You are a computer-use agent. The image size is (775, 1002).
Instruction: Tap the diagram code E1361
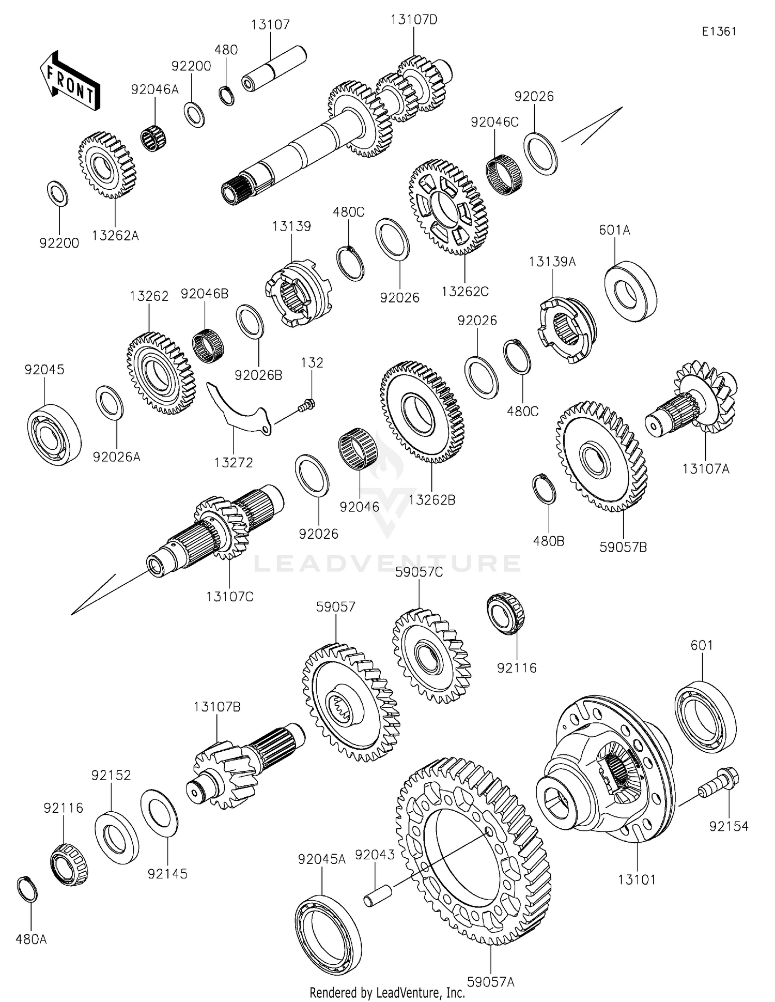(x=719, y=32)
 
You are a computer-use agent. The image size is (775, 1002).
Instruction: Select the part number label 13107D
(x=414, y=20)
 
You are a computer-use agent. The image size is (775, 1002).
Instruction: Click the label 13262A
(x=115, y=236)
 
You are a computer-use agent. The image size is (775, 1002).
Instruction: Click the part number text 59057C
(x=419, y=572)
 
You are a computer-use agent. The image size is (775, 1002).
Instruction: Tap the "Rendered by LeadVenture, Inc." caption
(x=387, y=993)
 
